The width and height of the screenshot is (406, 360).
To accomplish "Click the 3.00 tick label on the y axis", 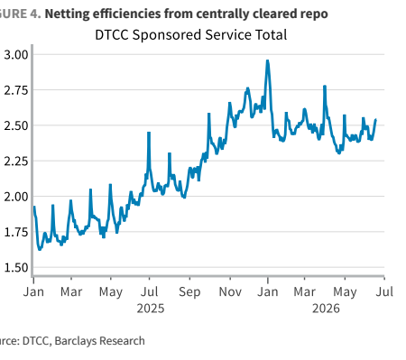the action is click(16, 55).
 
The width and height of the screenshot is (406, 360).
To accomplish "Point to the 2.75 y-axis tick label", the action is click(16, 90).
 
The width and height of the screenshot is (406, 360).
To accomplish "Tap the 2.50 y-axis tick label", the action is click(16, 125).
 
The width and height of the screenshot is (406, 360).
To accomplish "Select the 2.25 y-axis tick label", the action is click(16, 161).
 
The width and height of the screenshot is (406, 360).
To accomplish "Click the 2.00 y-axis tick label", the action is click(16, 197).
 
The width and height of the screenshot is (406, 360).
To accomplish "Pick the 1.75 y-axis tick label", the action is click(16, 232).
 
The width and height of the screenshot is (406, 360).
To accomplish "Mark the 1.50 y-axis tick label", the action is click(16, 267).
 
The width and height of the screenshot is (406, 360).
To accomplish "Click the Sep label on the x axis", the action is click(189, 292).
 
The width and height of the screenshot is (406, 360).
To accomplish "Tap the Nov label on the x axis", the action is click(230, 291).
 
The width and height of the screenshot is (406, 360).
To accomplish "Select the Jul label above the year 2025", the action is click(150, 291).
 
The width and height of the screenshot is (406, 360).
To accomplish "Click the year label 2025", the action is click(151, 309).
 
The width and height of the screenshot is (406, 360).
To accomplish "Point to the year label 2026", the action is click(326, 309).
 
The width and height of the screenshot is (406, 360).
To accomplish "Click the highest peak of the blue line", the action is click(267, 60).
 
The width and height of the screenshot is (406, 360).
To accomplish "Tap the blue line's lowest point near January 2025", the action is click(40, 249).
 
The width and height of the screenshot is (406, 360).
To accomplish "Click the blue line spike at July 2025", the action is click(149, 133).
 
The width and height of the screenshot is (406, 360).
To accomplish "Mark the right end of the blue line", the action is click(375, 120).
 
